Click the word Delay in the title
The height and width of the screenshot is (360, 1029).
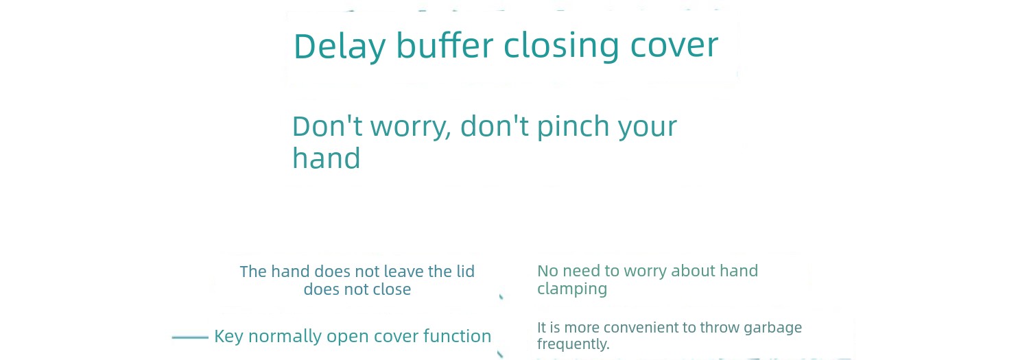[x=340, y=47]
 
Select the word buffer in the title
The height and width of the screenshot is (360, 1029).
[x=445, y=45]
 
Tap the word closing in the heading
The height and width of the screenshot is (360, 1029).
[x=561, y=47]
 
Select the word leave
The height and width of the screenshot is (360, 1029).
[x=403, y=272]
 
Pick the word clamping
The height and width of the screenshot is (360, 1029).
[x=572, y=289]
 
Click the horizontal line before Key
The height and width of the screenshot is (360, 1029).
[x=190, y=337]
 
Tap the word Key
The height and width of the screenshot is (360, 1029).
[x=228, y=337]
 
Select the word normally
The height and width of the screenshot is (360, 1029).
[x=285, y=337]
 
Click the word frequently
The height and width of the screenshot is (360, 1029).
[x=573, y=344]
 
